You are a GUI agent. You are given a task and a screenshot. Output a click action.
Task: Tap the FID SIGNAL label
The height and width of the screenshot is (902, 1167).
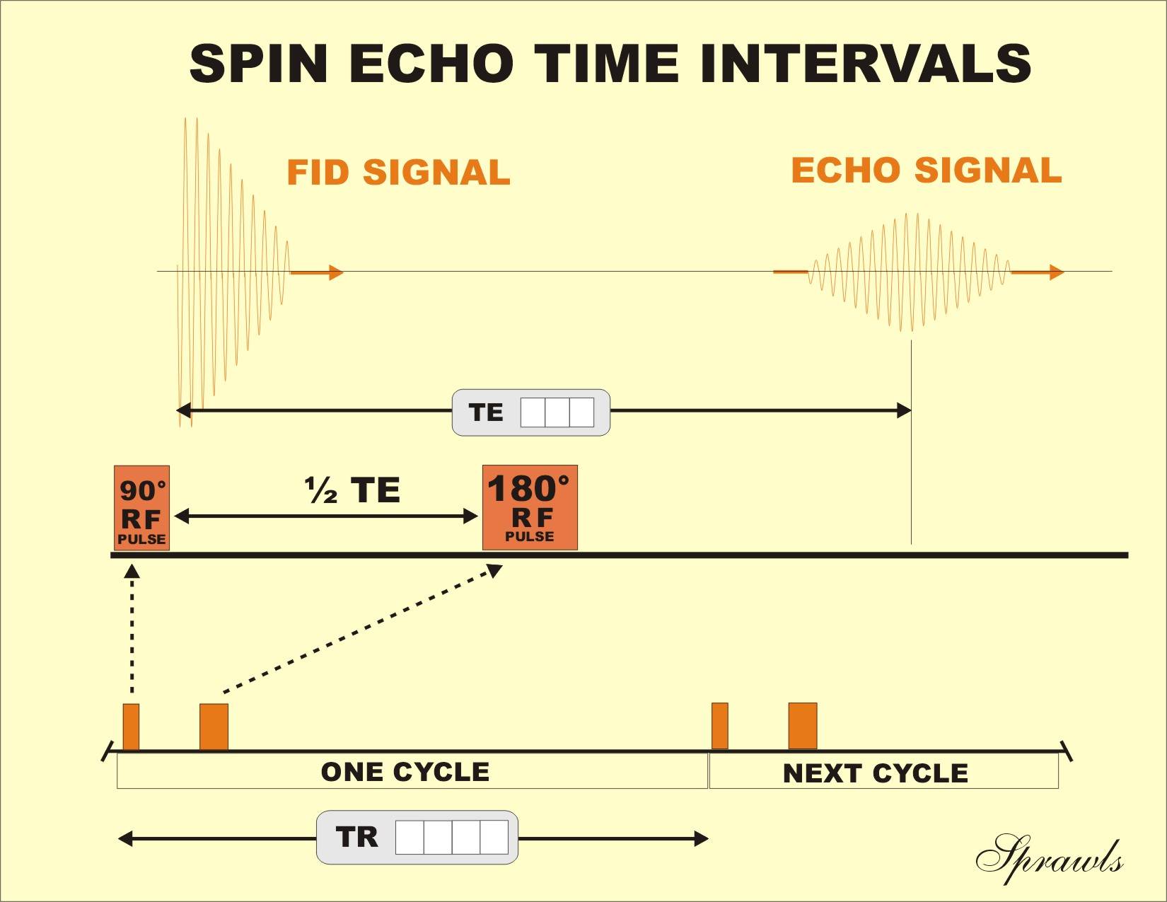click(398, 173)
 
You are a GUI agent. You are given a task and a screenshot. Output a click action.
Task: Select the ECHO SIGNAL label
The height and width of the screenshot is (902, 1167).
click(926, 170)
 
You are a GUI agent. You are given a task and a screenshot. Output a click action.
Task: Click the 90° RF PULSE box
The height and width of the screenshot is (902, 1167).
click(141, 507)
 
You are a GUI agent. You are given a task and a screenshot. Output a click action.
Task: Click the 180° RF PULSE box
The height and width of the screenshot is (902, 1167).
click(530, 507)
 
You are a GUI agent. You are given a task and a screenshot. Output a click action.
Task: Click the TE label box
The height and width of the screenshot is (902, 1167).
click(530, 412)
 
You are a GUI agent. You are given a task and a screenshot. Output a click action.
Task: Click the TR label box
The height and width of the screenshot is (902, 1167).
click(417, 837)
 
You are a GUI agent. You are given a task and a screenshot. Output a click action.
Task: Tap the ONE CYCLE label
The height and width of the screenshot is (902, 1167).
click(405, 772)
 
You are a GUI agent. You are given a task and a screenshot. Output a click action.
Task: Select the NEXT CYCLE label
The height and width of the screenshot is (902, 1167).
click(875, 773)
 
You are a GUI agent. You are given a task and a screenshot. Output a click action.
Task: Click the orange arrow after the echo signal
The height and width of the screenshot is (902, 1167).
click(1038, 272)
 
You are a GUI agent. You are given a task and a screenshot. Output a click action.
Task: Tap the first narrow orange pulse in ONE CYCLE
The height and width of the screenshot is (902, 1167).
click(131, 727)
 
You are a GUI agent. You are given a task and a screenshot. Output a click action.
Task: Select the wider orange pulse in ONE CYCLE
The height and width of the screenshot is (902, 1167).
click(214, 727)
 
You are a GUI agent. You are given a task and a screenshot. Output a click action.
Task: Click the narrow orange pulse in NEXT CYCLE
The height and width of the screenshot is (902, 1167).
click(719, 726)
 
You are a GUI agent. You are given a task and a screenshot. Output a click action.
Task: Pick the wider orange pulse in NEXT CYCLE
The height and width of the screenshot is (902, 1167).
click(802, 726)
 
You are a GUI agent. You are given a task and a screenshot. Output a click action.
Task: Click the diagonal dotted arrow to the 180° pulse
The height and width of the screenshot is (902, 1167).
click(361, 629)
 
